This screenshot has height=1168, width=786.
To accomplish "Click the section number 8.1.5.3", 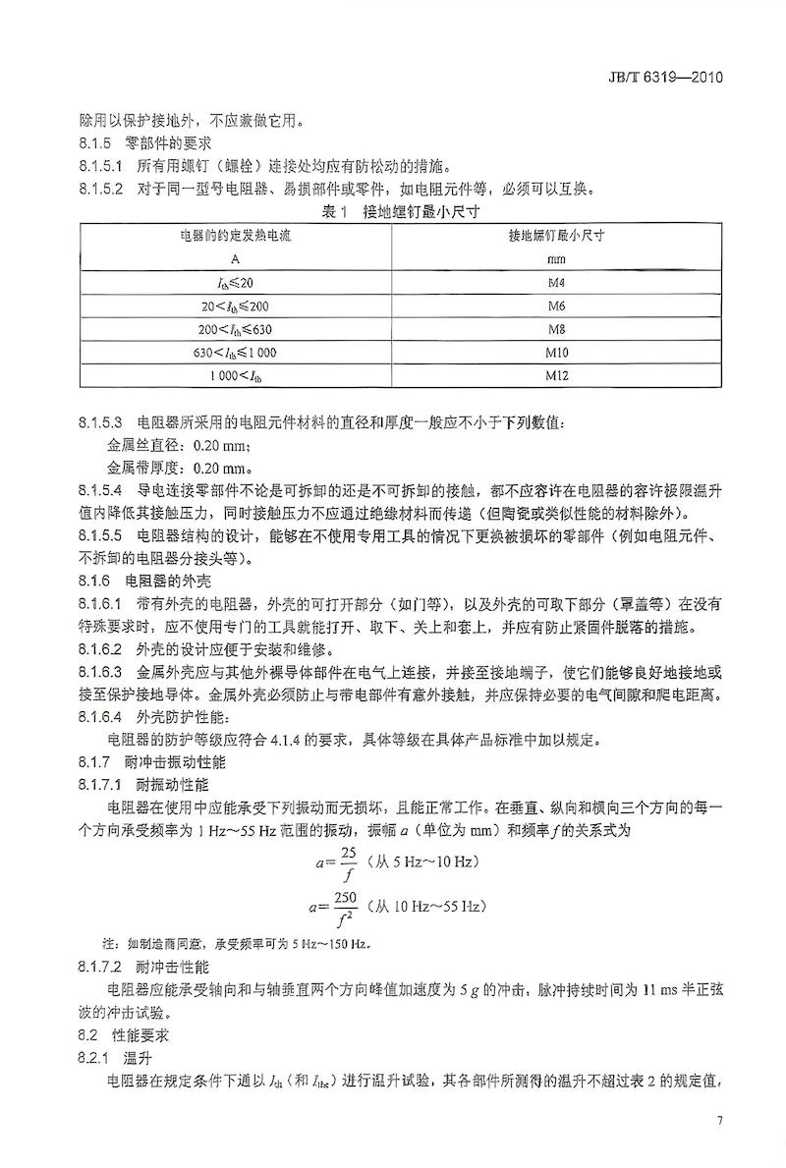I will coord(100,423).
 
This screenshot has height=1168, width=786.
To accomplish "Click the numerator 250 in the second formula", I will coord(345,895).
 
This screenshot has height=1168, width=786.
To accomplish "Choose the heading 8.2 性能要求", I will coord(123,1035).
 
